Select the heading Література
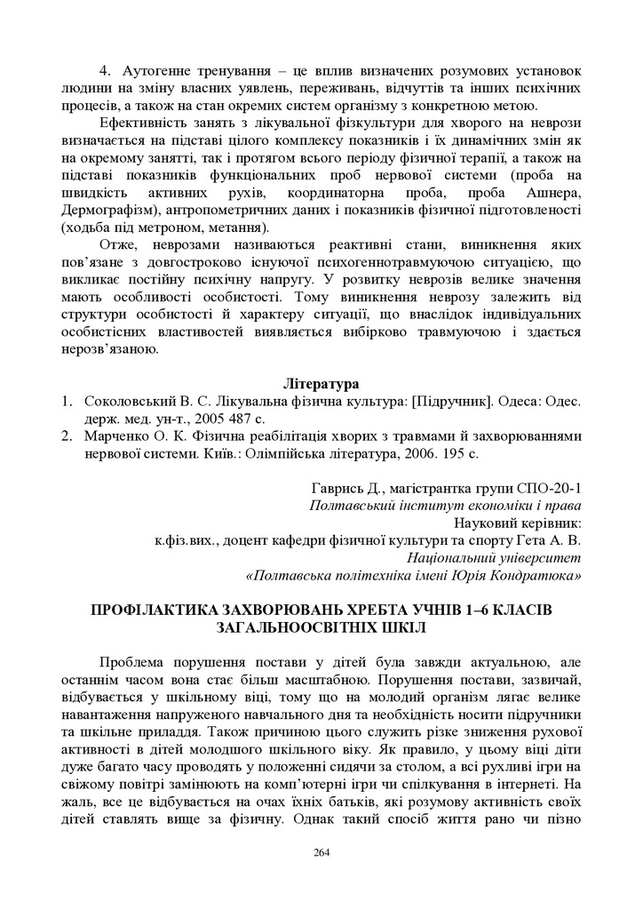(321, 384)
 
